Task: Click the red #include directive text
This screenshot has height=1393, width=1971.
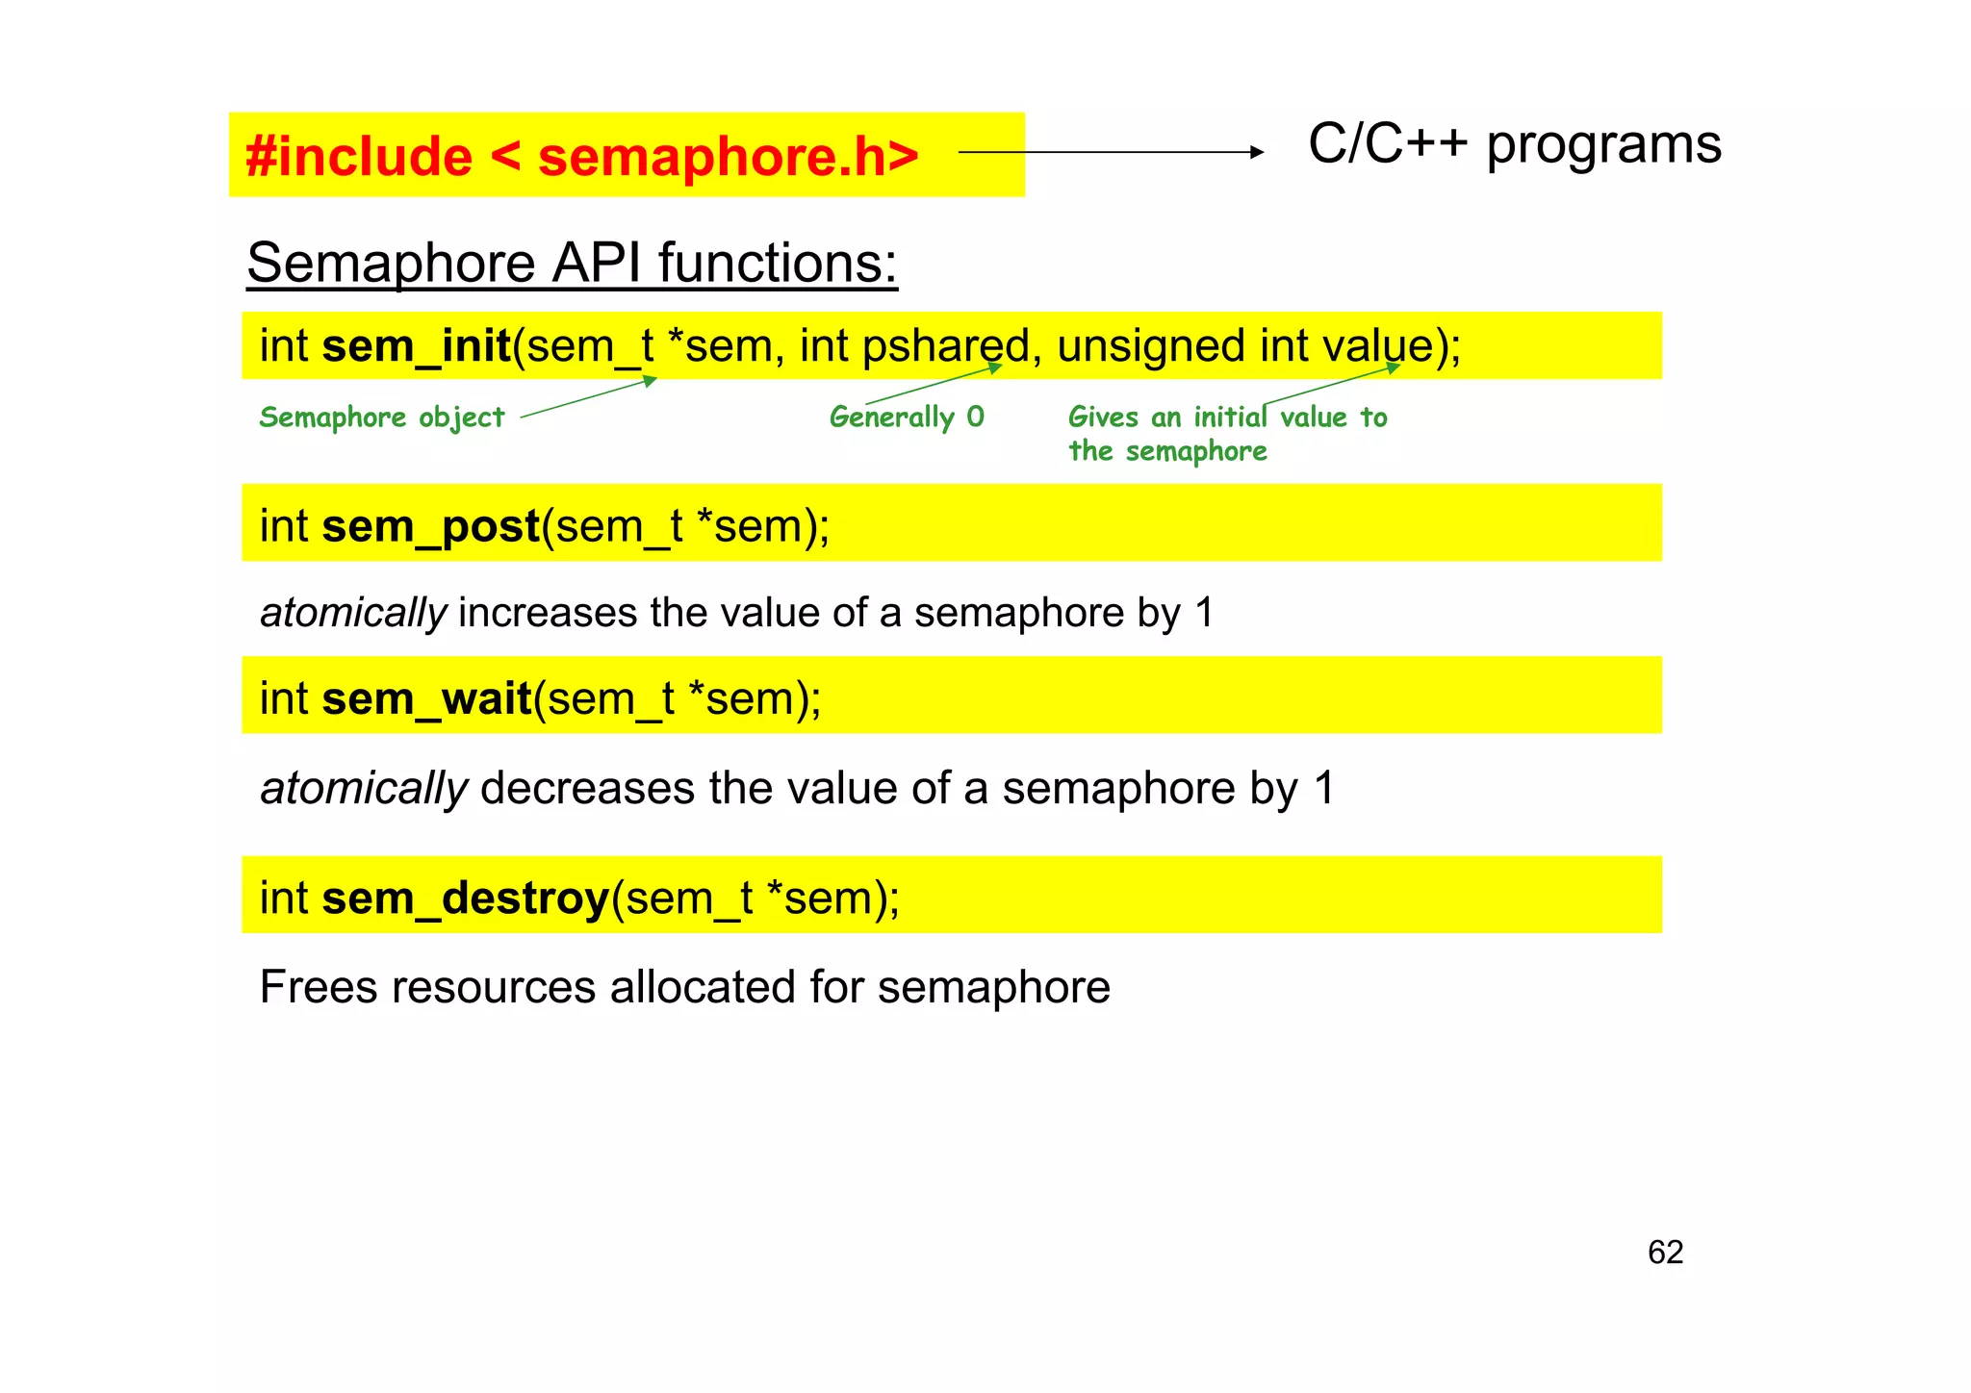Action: (581, 156)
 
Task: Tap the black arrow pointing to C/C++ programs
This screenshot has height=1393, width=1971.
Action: (1111, 152)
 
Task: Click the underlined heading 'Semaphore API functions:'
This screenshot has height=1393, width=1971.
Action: (572, 263)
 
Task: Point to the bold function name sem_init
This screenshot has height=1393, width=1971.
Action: (416, 346)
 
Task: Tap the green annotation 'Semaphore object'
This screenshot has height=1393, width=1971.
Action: (381, 418)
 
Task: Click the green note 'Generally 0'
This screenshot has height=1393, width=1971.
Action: (907, 418)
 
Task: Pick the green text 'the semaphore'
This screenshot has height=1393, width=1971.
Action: (1167, 451)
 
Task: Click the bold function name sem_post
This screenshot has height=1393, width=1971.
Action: (431, 527)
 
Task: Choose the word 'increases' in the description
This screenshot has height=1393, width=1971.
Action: (548, 613)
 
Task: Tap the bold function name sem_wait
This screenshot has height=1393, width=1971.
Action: (427, 699)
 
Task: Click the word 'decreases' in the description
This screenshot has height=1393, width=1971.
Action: (587, 789)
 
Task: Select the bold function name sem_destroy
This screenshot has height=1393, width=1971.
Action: (466, 899)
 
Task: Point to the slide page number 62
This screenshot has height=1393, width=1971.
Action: (1665, 1253)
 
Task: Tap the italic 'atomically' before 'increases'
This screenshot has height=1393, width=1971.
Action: (353, 613)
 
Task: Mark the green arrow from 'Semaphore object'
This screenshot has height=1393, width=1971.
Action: (588, 398)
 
